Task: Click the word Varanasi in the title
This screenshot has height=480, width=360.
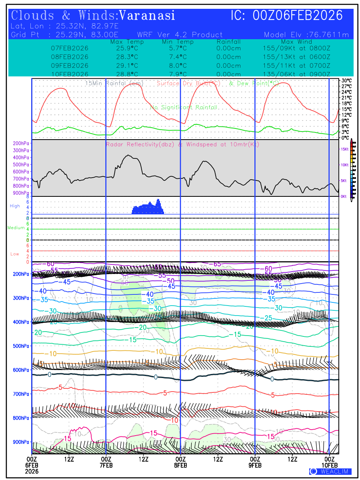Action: [147, 16]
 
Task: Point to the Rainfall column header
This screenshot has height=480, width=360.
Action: [228, 42]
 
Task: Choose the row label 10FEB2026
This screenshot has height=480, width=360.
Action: [70, 74]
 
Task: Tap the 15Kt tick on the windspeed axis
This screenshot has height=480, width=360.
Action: [344, 149]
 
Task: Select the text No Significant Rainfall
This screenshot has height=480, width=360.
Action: [184, 108]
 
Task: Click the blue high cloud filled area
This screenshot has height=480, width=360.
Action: [148, 208]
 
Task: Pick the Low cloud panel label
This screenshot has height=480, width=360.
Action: [14, 254]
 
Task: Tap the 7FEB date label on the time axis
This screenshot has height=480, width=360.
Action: [106, 465]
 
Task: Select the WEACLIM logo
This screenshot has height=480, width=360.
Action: [330, 472]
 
